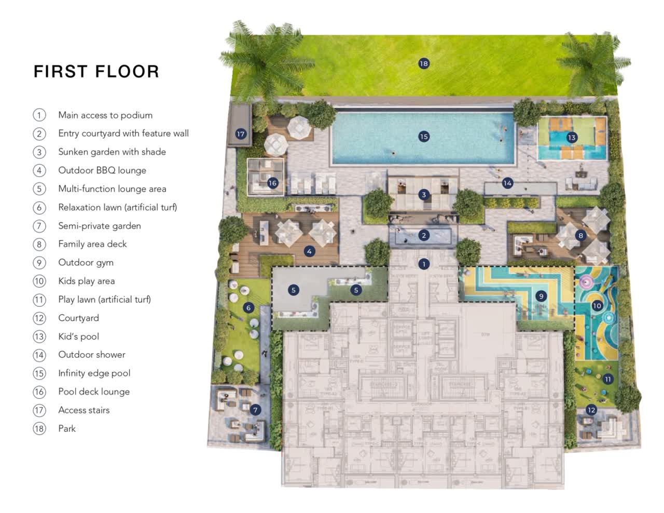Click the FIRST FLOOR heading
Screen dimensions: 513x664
[x=96, y=72]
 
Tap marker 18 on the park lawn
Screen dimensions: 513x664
[x=424, y=63]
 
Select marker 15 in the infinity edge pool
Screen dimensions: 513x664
[x=424, y=137]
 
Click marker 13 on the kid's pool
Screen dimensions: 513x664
[x=572, y=138]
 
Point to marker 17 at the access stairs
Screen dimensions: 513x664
[x=241, y=134]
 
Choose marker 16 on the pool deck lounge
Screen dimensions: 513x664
[x=272, y=183]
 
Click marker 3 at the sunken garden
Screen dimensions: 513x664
[x=424, y=195]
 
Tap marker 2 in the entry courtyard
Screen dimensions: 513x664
[x=424, y=235]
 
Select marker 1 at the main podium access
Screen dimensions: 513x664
[x=424, y=264]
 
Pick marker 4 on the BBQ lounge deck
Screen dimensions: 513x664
[x=309, y=251]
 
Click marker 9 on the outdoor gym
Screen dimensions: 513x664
[x=541, y=296]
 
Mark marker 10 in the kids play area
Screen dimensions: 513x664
[x=597, y=306]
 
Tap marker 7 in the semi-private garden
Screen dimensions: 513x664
[x=255, y=410]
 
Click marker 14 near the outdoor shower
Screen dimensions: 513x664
[x=507, y=183]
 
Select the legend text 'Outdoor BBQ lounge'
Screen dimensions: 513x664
[x=102, y=170]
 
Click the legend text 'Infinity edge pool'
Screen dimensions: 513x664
[x=94, y=373]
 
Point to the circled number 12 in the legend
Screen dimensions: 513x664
[x=39, y=318]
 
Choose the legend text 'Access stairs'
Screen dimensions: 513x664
[x=84, y=410]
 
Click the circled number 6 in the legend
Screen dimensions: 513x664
[x=39, y=207]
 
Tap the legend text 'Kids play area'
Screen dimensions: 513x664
[x=87, y=281]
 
